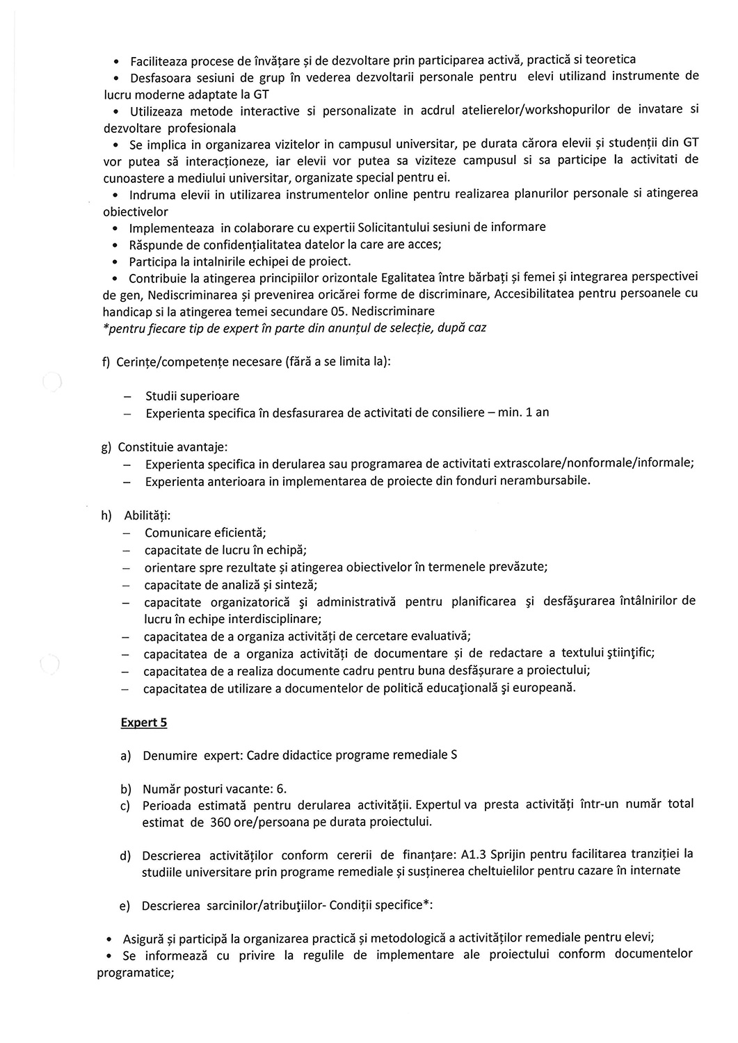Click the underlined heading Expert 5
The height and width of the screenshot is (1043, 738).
click(x=144, y=722)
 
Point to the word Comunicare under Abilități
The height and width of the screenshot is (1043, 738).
click(x=177, y=533)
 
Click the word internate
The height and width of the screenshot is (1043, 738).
click(x=655, y=871)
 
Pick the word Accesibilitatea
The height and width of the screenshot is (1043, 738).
click(x=539, y=294)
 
